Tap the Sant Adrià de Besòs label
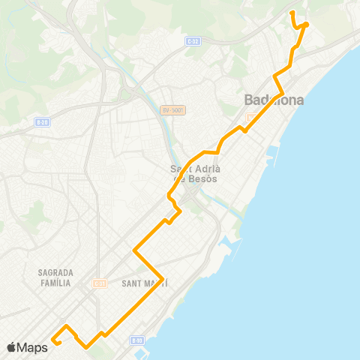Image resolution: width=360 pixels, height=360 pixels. [193, 174]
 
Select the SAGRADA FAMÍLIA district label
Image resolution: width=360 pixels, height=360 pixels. [53, 277]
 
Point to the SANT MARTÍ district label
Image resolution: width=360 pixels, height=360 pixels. [143, 283]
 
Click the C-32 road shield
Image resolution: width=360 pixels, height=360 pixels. [192, 43]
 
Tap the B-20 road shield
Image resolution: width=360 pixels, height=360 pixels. [42, 121]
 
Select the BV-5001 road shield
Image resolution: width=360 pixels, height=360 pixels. [172, 110]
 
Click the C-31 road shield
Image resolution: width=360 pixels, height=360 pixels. [100, 283]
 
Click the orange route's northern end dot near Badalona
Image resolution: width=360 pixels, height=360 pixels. [306, 24]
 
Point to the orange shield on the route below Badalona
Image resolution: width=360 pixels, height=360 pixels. [250, 117]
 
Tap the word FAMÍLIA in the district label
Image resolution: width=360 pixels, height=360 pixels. [53, 283]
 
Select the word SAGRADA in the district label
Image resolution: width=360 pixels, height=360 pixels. [53, 272]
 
